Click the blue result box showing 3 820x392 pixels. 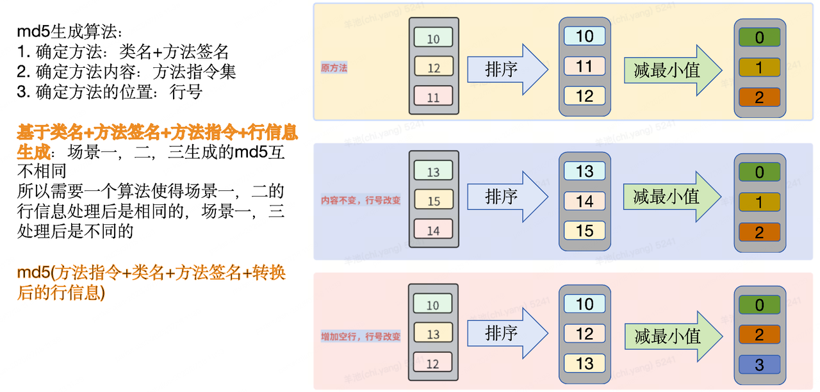[x=759, y=365]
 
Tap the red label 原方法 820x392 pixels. [x=334, y=67]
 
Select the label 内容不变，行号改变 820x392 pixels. [x=361, y=200]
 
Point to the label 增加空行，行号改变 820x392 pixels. [x=361, y=336]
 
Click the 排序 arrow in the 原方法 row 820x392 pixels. [x=507, y=69]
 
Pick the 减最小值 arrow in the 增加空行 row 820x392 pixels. [x=672, y=336]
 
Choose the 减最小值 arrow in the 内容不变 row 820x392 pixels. [x=672, y=196]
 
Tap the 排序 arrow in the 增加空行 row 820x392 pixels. [x=507, y=333]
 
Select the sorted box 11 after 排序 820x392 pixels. [x=584, y=66]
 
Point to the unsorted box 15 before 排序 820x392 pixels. [x=433, y=200]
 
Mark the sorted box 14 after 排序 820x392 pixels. [x=584, y=201]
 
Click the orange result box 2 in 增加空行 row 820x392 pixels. [x=759, y=335]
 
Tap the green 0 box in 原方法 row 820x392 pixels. [x=759, y=37]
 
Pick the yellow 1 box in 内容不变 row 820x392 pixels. [x=759, y=202]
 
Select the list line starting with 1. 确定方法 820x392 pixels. [x=122, y=52]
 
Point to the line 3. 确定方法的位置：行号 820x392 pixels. [x=110, y=92]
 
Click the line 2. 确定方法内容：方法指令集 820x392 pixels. [x=126, y=72]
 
